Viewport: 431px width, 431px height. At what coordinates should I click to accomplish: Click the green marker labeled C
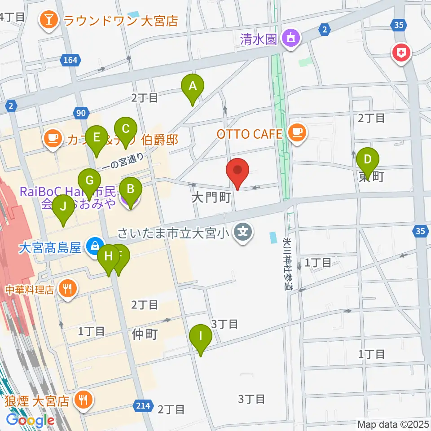[126, 129]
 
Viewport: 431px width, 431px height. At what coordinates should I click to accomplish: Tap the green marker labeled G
[89, 181]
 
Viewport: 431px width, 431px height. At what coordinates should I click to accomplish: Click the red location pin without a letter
[237, 171]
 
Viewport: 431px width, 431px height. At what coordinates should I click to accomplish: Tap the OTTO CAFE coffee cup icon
[297, 131]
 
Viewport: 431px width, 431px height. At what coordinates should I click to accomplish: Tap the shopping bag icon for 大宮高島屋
[95, 246]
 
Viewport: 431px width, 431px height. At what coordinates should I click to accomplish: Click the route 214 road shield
[141, 406]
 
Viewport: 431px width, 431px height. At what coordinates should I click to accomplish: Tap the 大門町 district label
[211, 198]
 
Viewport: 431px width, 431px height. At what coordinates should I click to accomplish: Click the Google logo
[30, 420]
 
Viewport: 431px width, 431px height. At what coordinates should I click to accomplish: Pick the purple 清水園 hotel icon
[290, 38]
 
